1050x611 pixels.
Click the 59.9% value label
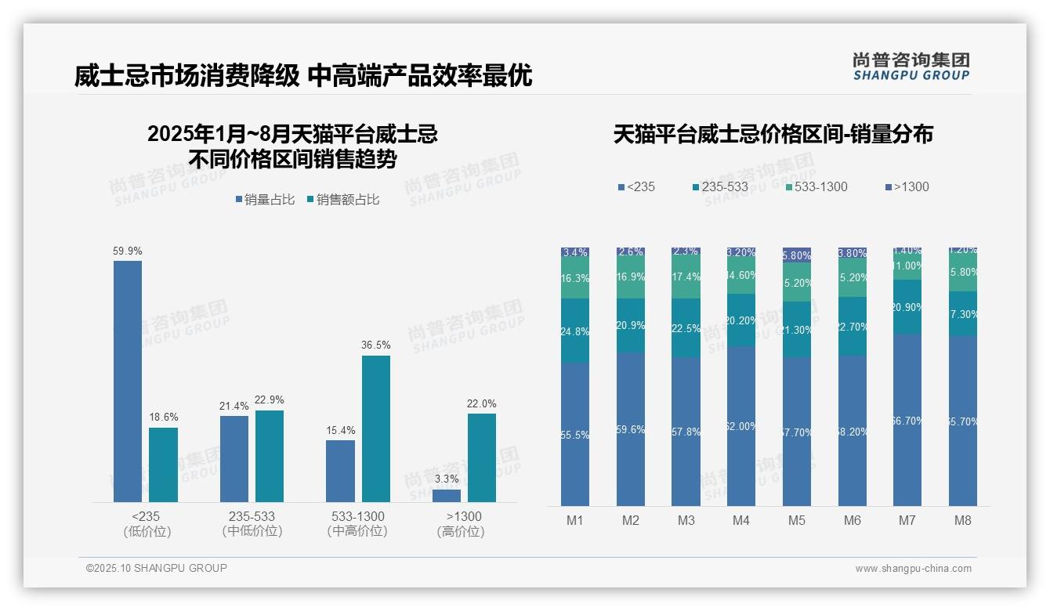tap(128, 251)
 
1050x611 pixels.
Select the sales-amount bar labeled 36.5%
tap(375, 428)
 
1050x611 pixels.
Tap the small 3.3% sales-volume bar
tap(447, 496)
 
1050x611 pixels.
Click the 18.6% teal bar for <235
tap(163, 465)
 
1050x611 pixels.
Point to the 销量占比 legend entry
tap(265, 200)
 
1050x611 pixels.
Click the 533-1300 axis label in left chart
tap(357, 517)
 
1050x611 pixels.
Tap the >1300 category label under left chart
tap(464, 517)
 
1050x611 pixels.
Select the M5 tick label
tap(797, 520)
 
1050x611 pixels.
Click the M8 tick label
tap(963, 520)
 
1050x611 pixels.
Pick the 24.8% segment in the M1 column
tap(575, 331)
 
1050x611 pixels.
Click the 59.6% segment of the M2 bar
tap(631, 429)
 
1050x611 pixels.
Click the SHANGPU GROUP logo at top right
tap(911, 67)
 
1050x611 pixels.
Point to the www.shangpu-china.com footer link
tap(913, 569)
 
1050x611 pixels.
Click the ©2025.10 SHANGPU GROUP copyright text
tap(157, 568)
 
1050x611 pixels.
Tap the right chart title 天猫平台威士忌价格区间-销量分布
tap(773, 135)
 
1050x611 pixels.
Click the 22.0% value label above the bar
tap(481, 404)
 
